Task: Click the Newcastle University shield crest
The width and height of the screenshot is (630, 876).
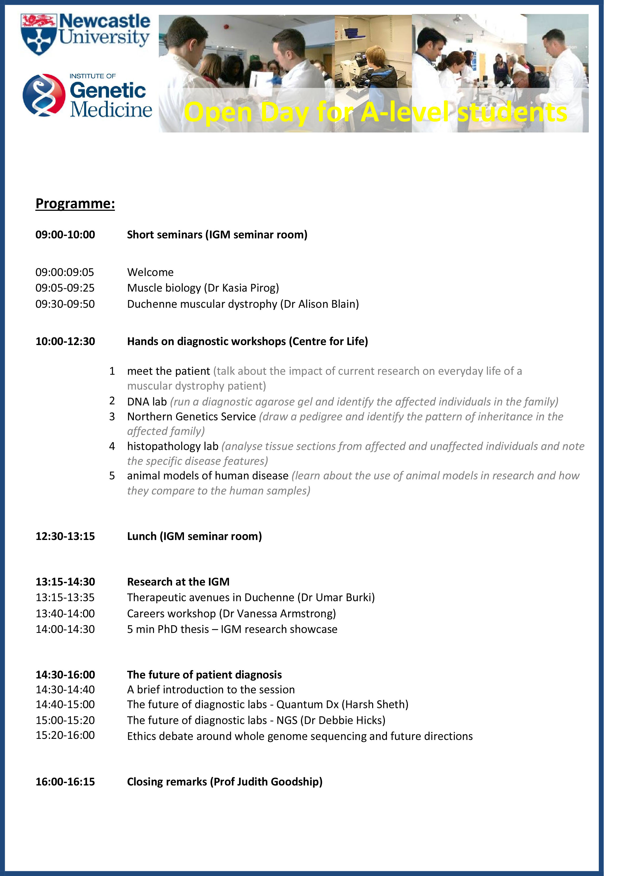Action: click(x=39, y=35)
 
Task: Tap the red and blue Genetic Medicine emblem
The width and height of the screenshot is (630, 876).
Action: click(x=44, y=95)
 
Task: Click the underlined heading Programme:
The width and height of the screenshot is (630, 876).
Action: click(x=75, y=204)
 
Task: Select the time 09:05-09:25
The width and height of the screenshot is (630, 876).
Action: click(x=65, y=288)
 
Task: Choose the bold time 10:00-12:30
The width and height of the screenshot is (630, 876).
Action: click(x=65, y=341)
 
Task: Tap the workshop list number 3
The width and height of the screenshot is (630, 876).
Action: click(x=112, y=416)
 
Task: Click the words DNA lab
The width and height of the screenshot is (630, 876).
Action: click(x=147, y=402)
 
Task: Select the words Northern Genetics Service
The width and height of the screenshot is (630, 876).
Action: click(x=191, y=416)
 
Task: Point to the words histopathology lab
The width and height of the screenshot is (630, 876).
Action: click(x=173, y=446)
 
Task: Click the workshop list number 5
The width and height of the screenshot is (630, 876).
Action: click(x=112, y=476)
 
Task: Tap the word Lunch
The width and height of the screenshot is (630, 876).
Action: click(x=142, y=536)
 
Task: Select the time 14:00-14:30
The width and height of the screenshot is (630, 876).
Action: click(x=65, y=629)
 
